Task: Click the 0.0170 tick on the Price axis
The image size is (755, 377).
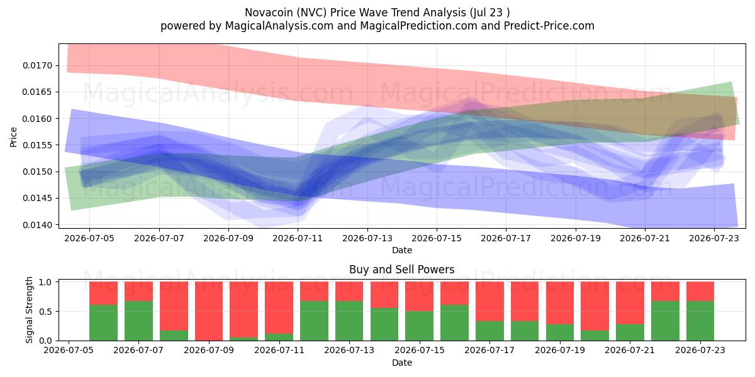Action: tap(38, 65)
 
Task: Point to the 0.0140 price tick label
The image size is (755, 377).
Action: tap(38, 225)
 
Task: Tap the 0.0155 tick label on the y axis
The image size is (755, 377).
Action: tap(38, 145)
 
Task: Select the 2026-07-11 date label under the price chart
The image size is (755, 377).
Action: tap(298, 238)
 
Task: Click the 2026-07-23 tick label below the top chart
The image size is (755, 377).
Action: tap(714, 238)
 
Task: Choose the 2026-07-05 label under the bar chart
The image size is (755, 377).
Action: tap(69, 350)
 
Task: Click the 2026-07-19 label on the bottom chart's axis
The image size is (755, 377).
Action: tap(560, 350)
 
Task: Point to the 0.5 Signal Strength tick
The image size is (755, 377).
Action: tap(45, 312)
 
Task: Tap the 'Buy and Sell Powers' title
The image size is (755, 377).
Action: tap(402, 270)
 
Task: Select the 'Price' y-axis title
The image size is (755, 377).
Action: tap(13, 137)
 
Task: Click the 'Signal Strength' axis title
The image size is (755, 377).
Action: tap(30, 310)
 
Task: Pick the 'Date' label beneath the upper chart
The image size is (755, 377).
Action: tap(402, 250)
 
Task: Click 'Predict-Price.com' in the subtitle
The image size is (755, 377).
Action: tap(549, 26)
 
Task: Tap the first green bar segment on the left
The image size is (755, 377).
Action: tap(103, 322)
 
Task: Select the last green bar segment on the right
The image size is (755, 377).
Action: tap(700, 321)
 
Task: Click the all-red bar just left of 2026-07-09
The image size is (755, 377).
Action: tap(209, 311)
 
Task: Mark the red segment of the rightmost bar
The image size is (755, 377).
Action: tap(700, 291)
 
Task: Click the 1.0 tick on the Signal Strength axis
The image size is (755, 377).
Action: tap(45, 282)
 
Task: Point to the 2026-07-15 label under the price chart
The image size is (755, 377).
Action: tap(437, 238)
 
